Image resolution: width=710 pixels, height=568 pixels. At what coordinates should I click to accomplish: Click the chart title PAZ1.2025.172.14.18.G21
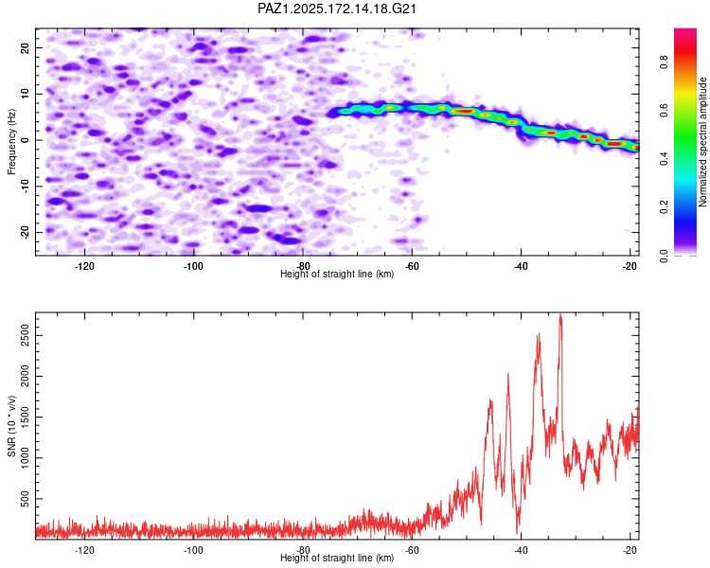point(336,9)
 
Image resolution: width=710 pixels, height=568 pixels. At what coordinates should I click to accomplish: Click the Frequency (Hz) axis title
point(11,142)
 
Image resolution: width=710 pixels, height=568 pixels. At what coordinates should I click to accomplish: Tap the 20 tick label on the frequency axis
point(25,47)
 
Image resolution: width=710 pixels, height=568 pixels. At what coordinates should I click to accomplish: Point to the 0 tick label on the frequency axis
point(25,140)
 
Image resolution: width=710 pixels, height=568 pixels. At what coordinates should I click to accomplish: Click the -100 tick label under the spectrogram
point(193,266)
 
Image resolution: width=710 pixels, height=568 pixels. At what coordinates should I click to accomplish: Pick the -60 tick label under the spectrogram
point(412,266)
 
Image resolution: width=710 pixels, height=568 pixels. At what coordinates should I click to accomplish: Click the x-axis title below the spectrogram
point(337,274)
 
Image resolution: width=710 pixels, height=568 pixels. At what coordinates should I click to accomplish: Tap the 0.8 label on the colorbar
point(664,62)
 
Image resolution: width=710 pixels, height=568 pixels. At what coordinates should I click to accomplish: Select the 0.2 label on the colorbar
point(664,206)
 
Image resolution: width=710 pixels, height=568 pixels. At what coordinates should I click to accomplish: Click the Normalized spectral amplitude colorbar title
point(702,142)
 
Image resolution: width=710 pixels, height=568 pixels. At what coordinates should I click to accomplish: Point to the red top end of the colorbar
point(685,30)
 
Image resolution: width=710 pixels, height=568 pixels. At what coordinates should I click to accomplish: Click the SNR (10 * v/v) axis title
point(11,426)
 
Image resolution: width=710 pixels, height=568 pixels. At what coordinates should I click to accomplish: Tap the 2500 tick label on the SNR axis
point(25,335)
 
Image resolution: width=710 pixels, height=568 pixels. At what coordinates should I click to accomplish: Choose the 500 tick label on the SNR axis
point(25,499)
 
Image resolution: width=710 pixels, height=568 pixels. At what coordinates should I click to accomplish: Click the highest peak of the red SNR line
point(560,314)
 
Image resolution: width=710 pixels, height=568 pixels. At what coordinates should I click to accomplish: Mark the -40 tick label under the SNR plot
point(521,550)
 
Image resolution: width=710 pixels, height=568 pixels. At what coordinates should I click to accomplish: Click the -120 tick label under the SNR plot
point(84,550)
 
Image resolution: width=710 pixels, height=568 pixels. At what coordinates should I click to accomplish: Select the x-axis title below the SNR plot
point(337,558)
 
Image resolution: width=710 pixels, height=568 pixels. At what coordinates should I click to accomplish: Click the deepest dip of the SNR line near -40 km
point(518,533)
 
